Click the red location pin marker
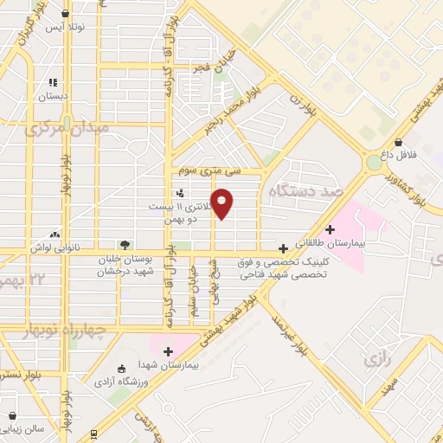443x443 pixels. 222,204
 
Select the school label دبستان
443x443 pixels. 54,97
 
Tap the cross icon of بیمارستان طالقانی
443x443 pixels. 330,229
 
